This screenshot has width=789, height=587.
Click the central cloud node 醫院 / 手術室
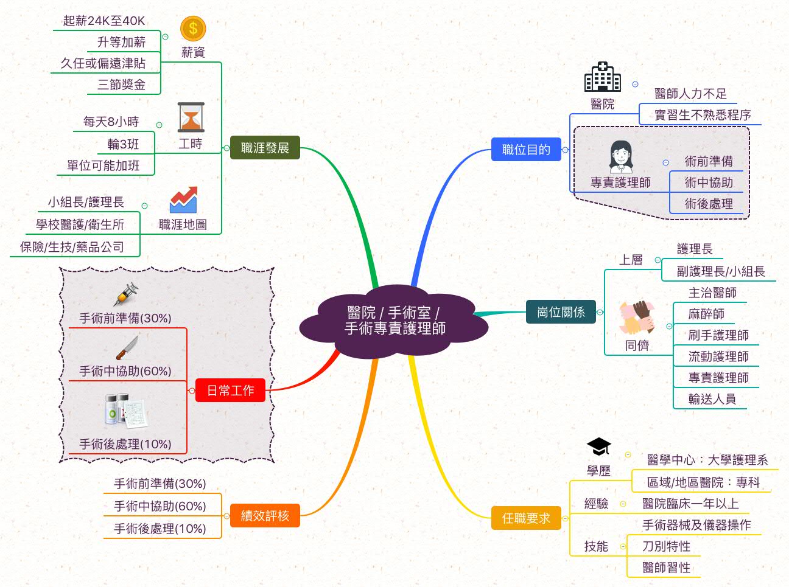[x=394, y=321]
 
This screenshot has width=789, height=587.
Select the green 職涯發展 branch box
[x=265, y=148]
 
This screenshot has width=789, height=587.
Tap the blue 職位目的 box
[x=526, y=150]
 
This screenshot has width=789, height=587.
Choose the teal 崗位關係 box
[x=561, y=312]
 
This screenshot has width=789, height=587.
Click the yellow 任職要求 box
[x=526, y=518]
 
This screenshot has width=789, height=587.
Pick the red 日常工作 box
[x=230, y=391]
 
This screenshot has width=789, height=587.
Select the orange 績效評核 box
[x=265, y=516]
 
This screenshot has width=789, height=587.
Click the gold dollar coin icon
[x=193, y=29]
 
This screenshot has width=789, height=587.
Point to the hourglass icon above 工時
[x=191, y=117]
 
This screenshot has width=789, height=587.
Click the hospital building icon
[x=602, y=77]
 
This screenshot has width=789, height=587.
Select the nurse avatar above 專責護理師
[x=620, y=158]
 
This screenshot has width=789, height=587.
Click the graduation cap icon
[x=598, y=447]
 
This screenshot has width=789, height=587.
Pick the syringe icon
[x=125, y=295]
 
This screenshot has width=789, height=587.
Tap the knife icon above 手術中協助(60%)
[x=127, y=349]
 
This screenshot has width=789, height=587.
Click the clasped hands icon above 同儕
[x=637, y=317]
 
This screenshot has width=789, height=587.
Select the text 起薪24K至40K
[x=104, y=21]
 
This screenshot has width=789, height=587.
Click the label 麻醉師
[x=706, y=314]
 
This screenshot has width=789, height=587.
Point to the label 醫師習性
[x=666, y=568]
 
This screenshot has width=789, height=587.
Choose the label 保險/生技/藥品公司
[x=72, y=247]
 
